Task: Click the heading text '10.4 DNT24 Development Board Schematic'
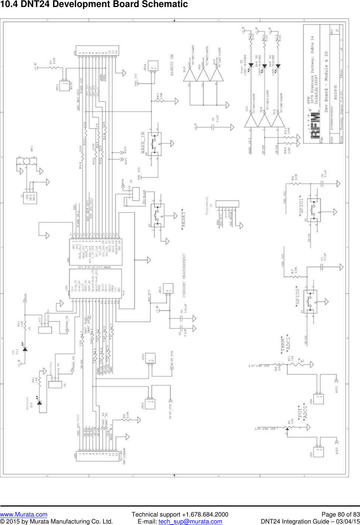(94, 4)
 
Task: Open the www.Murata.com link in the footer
(24, 514)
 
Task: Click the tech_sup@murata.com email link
(190, 521)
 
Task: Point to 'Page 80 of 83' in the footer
(340, 514)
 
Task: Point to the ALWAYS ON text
(172, 65)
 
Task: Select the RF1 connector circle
(26, 161)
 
